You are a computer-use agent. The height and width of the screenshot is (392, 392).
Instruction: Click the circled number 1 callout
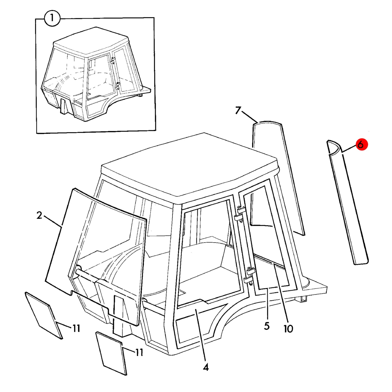(52, 18)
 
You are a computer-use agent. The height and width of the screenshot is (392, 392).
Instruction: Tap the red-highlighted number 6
(360, 145)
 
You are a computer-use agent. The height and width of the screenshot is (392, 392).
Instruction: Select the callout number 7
(238, 110)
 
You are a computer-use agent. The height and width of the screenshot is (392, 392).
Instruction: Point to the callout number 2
(39, 215)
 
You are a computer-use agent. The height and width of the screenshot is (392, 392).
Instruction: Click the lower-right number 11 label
(139, 353)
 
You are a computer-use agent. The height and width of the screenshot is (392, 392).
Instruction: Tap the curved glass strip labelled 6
(347, 202)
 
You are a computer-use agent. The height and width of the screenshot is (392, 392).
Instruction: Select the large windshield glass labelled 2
(95, 254)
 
